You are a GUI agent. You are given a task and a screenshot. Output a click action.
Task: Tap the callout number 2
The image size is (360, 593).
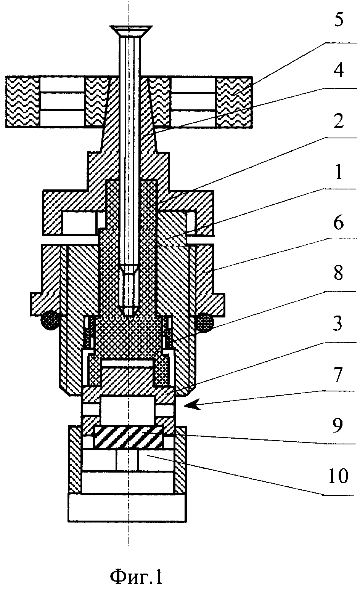(x=339, y=121)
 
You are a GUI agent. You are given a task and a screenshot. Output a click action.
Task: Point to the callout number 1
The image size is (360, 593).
(x=339, y=171)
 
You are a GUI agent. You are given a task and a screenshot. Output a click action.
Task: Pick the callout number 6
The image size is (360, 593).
(x=339, y=223)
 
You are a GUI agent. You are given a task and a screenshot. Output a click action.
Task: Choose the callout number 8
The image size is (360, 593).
(x=339, y=273)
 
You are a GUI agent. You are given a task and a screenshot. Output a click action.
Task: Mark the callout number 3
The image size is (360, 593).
(x=338, y=324)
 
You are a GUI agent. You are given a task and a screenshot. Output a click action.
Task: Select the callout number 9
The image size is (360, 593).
(x=338, y=425)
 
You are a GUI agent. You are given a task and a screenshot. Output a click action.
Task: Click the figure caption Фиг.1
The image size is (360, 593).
(x=136, y=577)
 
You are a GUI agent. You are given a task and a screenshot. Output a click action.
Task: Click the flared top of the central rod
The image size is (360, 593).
(x=131, y=31)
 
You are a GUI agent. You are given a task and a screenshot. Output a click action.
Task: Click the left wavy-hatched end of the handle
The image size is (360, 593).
(x=23, y=102)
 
